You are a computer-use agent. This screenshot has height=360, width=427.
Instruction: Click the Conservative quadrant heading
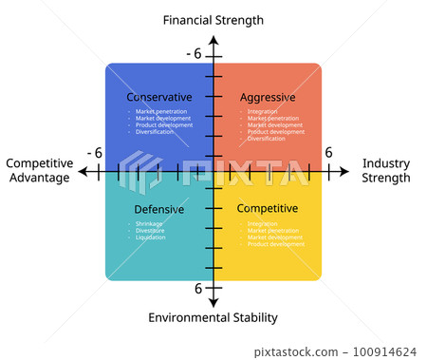tap(159, 97)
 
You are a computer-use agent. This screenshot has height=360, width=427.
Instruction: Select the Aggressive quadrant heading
tap(268, 97)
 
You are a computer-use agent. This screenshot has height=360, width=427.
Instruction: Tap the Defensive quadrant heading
tap(159, 209)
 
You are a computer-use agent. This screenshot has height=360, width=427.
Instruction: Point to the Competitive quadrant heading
tap(268, 208)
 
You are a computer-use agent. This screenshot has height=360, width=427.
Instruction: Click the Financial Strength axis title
tap(213, 20)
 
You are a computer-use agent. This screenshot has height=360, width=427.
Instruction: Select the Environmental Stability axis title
tap(213, 317)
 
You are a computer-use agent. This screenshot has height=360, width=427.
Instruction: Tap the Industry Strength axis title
tap(386, 170)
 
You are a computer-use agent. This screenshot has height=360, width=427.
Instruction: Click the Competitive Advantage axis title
tap(38, 170)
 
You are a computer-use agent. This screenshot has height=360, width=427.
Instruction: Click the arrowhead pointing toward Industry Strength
tap(345, 172)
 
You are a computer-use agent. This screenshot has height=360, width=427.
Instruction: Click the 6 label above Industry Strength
tap(328, 152)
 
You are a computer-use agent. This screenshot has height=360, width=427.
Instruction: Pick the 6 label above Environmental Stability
tap(198, 288)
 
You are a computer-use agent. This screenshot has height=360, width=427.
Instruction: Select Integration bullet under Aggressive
tap(263, 111)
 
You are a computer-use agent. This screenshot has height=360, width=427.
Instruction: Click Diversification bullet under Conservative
tap(155, 132)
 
